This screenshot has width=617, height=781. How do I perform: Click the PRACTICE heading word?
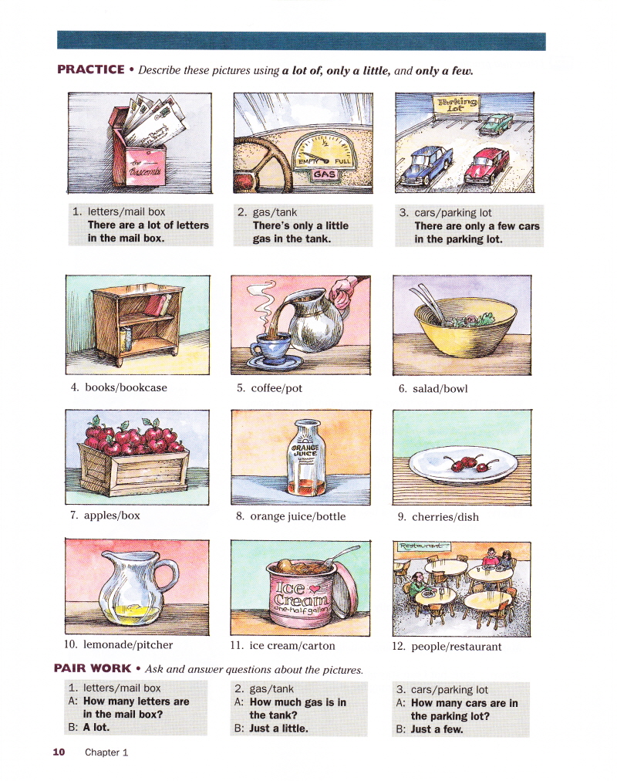coord(91,69)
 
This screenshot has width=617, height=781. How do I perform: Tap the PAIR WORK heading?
coord(93,668)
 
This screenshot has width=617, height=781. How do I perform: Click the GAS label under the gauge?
coord(325,174)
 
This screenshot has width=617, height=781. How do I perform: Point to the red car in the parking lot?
coord(487,166)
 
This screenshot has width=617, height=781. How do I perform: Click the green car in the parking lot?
coord(496,124)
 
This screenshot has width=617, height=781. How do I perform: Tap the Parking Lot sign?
coord(457,105)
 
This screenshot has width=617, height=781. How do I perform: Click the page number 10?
coord(59,752)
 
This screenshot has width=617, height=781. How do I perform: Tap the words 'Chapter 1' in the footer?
coord(106,752)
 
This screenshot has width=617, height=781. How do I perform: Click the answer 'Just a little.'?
coord(278,729)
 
